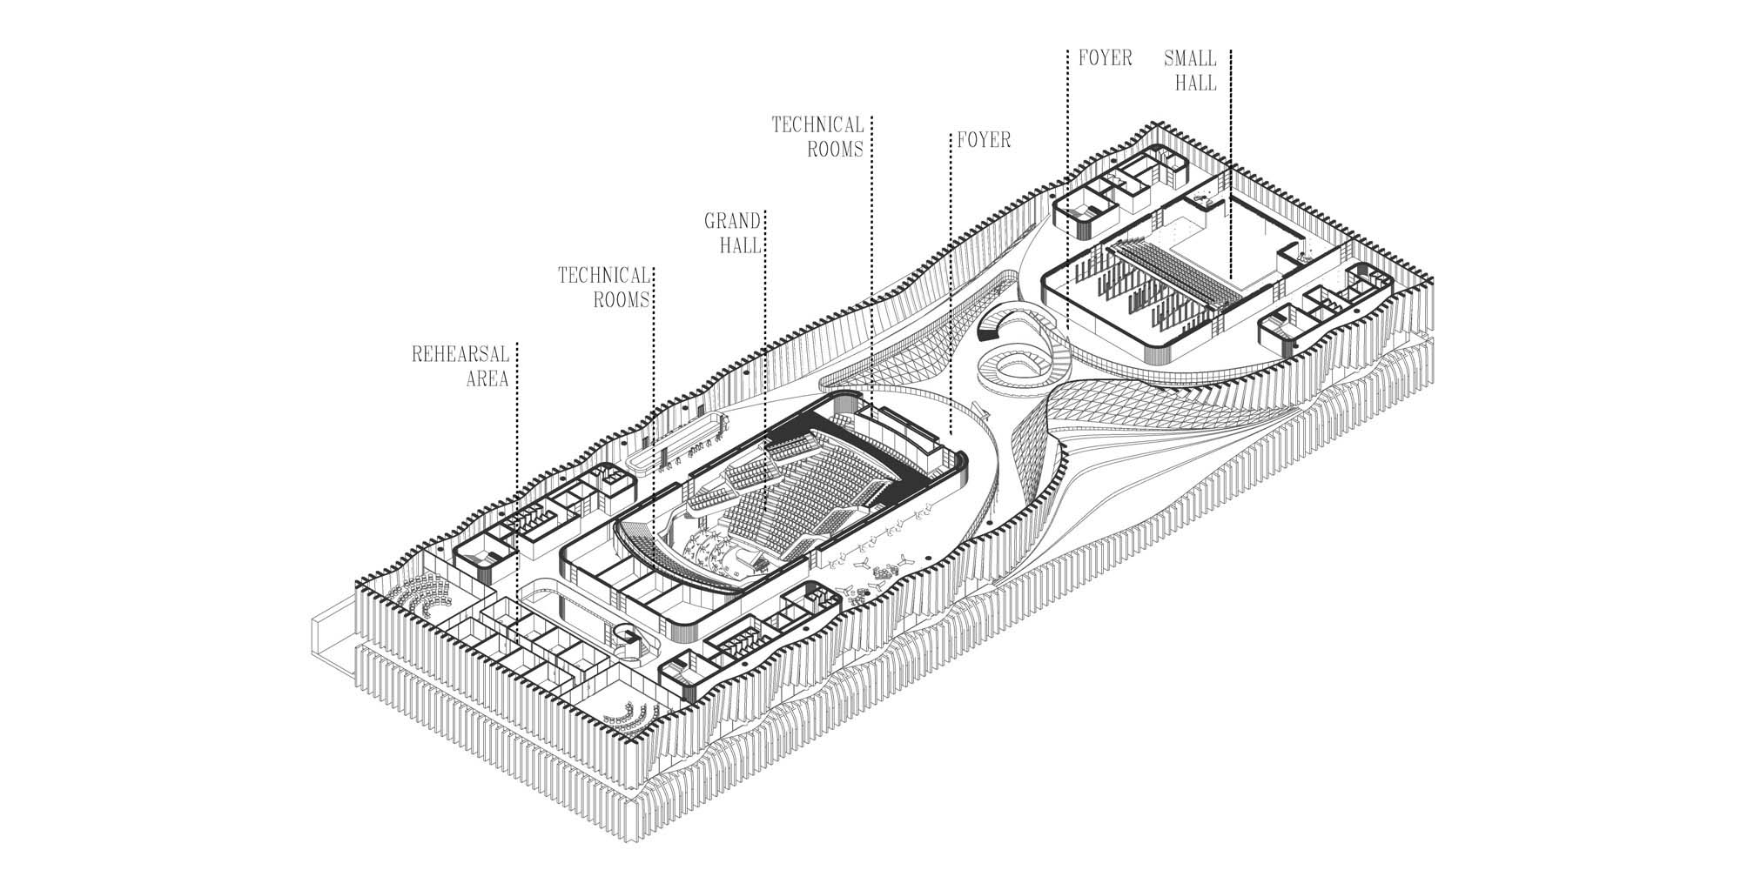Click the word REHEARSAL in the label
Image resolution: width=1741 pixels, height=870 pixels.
pyautogui.click(x=460, y=355)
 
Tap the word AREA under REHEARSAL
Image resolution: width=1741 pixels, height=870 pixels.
pyautogui.click(x=487, y=379)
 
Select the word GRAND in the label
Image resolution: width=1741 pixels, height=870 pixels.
pyautogui.click(x=732, y=221)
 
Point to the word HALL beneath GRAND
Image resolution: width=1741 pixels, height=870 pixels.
pyautogui.click(x=740, y=245)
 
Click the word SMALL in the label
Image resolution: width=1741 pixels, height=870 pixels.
pyautogui.click(x=1190, y=59)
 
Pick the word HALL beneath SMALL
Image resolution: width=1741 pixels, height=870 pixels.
pyautogui.click(x=1195, y=84)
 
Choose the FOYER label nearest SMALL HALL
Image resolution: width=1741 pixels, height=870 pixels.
pyautogui.click(x=1105, y=58)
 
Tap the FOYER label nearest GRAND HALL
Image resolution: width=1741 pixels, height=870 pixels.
pyautogui.click(x=984, y=140)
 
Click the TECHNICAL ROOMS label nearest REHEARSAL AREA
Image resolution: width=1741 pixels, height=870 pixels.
pyautogui.click(x=604, y=287)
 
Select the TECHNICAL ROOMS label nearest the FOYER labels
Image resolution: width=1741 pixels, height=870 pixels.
pyautogui.click(x=817, y=137)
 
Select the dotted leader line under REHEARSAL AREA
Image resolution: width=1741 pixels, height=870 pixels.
pyautogui.click(x=517, y=487)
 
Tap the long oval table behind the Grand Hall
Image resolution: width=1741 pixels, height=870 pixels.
pyautogui.click(x=679, y=439)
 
